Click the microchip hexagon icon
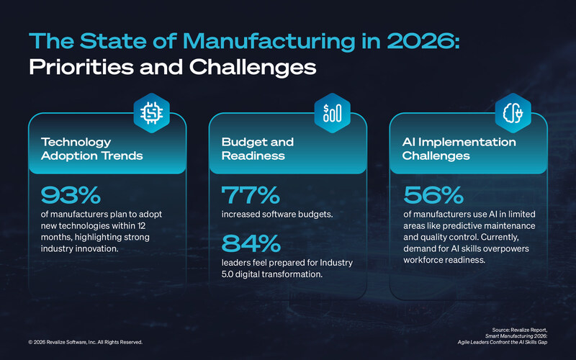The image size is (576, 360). pyautogui.click(x=151, y=112)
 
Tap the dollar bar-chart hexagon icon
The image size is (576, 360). pyautogui.click(x=333, y=112)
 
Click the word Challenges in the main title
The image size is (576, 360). pyautogui.click(x=248, y=69)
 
